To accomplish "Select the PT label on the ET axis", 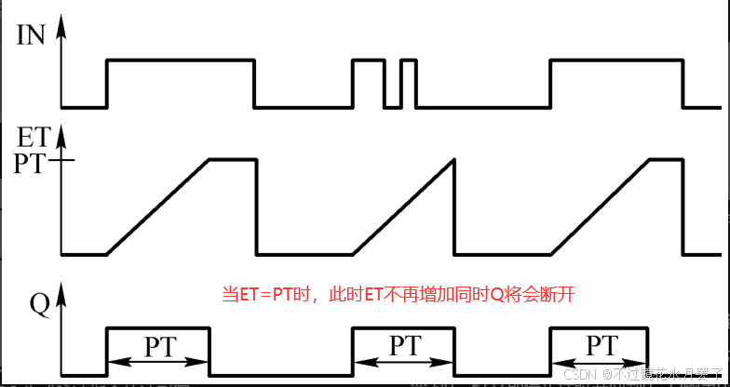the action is tap(33, 163).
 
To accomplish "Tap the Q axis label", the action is tap(39, 304).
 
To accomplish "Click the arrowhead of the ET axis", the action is tap(62, 133).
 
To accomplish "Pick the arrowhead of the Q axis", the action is tap(62, 298).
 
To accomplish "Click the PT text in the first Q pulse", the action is tap(158, 346).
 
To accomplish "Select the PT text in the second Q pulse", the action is tap(403, 346).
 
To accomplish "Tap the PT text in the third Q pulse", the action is tap(601, 346).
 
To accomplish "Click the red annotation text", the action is tap(399, 295).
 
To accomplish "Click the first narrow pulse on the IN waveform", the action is tap(368, 61).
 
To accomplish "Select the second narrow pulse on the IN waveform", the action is tap(408, 61).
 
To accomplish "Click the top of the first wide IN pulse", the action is tap(181, 61).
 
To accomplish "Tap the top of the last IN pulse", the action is tap(616, 61).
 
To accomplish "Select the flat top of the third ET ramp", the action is tap(666, 160).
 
